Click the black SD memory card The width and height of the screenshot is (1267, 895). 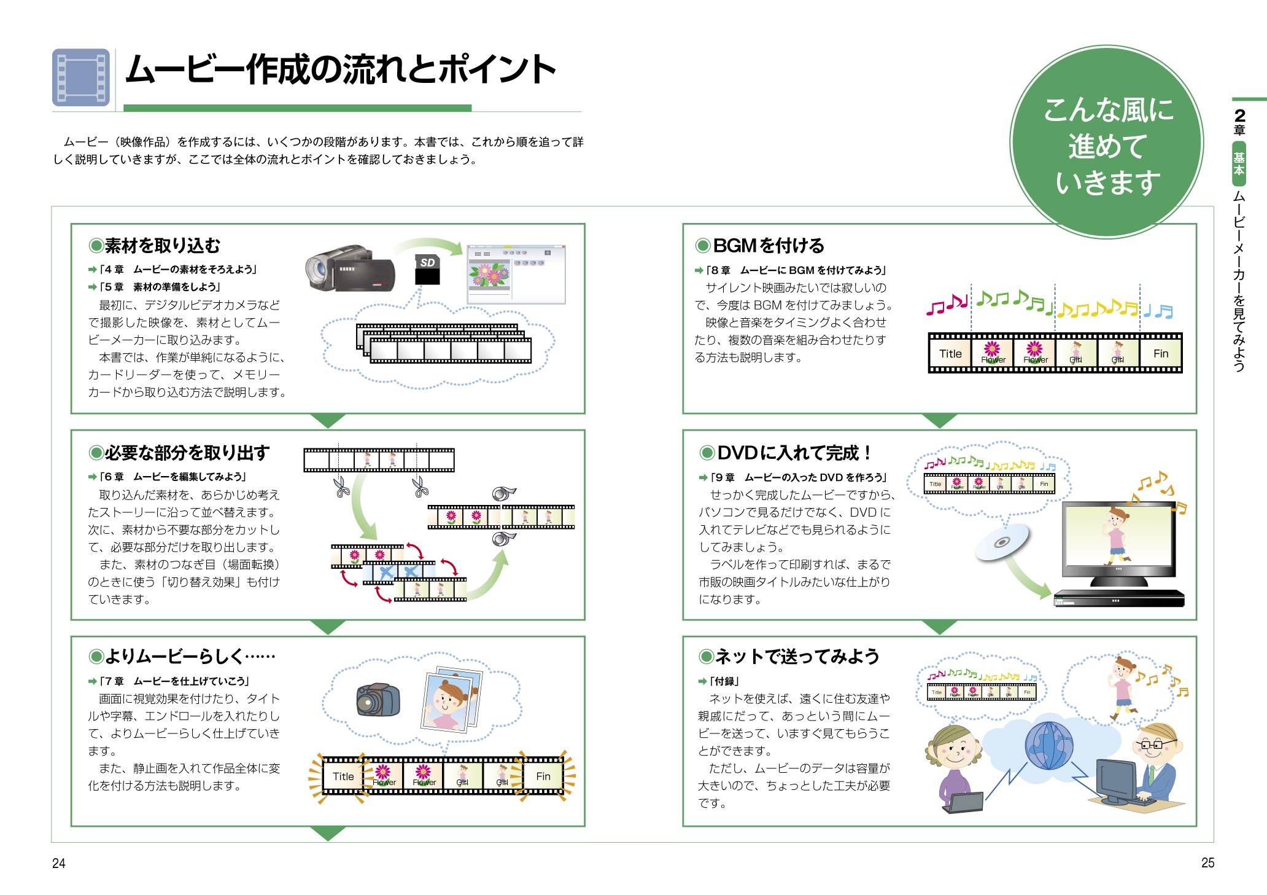click(428, 270)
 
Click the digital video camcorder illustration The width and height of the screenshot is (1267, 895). click(349, 269)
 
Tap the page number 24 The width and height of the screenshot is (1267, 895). click(58, 863)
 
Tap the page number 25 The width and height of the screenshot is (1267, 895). click(1207, 862)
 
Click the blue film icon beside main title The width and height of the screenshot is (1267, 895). click(81, 77)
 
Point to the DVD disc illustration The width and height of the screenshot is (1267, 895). click(1002, 542)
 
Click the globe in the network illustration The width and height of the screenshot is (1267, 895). click(1049, 745)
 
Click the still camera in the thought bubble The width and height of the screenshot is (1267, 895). click(378, 700)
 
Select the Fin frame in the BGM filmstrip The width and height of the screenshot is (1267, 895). click(1160, 353)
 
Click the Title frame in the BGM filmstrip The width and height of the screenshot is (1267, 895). click(950, 353)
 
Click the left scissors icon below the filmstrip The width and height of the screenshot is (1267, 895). click(342, 487)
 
